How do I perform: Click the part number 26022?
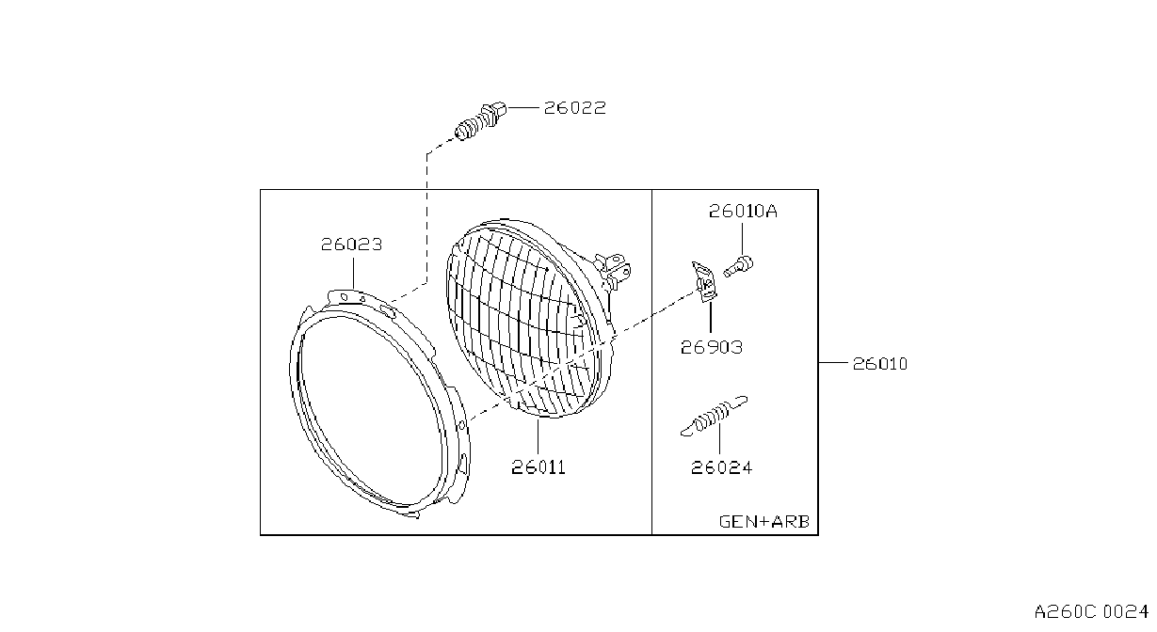[x=574, y=108]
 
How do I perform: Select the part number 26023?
[x=351, y=244]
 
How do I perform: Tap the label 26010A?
[x=742, y=211]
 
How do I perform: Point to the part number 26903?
[x=712, y=347]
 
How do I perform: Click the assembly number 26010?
[x=879, y=364]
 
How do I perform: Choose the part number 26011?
[x=538, y=467]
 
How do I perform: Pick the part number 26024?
[x=721, y=468]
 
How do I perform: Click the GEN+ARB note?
[x=764, y=522]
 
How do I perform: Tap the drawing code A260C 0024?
[x=1091, y=612]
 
